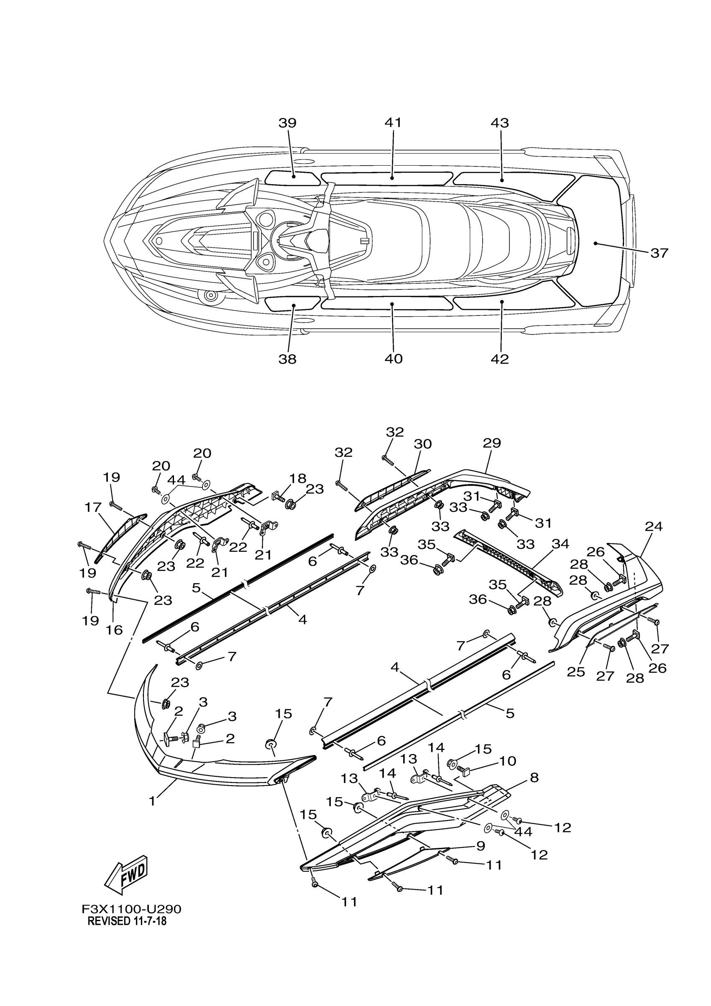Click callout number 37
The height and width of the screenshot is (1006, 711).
point(659,253)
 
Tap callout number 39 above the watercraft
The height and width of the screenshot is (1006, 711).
point(287,123)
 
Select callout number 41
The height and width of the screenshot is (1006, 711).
point(393,123)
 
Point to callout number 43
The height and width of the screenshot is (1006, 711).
point(500,123)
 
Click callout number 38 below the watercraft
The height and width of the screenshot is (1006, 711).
point(287,359)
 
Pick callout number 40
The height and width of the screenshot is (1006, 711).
point(394,359)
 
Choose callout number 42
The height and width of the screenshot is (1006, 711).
point(500,359)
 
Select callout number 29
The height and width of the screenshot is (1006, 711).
point(491,443)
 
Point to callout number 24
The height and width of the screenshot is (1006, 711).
point(654,526)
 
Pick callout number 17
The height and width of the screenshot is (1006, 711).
point(93,508)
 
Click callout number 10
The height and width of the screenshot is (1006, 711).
point(508,760)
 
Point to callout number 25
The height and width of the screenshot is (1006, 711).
point(575,672)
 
